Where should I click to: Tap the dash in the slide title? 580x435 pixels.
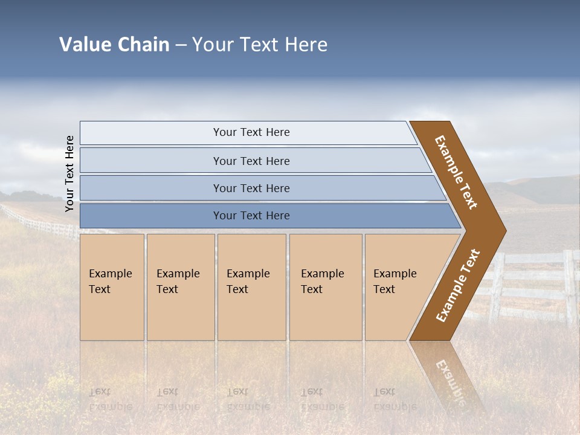181,45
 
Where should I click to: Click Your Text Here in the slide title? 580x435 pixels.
260,45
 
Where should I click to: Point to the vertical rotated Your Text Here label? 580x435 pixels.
69,174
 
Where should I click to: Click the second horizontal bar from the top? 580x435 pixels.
251,161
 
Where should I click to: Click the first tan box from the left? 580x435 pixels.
112,287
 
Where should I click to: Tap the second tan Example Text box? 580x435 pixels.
181,287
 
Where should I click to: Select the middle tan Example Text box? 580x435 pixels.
251,287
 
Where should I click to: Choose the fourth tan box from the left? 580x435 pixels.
326,287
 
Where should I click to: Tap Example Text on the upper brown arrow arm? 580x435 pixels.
456,172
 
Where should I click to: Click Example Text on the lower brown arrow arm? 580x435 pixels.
458,286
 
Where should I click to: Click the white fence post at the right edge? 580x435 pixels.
569,287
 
